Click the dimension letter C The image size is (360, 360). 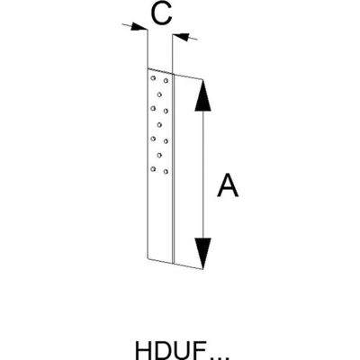[161, 14]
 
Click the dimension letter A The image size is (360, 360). [228, 185]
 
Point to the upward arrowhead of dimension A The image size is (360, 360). [203, 94]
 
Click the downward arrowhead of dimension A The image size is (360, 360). [202, 254]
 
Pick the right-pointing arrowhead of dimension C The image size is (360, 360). [139, 27]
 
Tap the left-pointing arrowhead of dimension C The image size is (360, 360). [181, 37]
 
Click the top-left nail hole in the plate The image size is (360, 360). [153, 78]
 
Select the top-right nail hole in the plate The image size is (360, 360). [166, 81]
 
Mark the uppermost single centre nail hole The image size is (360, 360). [159, 94]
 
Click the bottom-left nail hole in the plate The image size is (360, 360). [153, 169]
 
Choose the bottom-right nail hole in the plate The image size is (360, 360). [166, 171]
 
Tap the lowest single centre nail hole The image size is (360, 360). [159, 155]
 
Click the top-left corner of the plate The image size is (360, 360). [148, 68]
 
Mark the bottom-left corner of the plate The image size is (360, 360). [148, 258]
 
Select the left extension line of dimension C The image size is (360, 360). [148, 49]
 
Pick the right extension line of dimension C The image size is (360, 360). [173, 54]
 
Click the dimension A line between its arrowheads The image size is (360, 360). [203, 175]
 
